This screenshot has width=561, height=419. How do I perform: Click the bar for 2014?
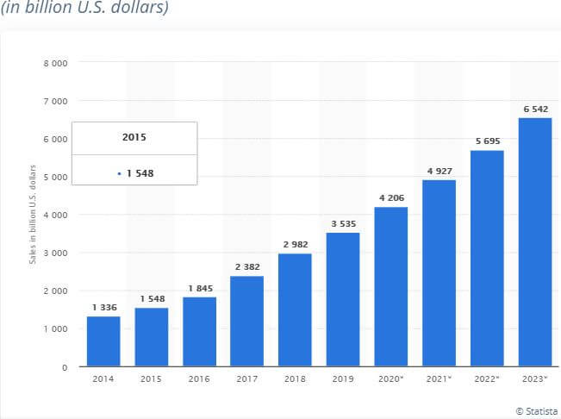(103, 341)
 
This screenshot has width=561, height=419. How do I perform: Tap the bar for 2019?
(343, 299)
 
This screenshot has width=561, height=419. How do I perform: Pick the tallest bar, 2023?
(534, 242)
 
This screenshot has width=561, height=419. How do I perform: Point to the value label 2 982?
(295, 244)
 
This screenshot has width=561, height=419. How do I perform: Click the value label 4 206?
(390, 197)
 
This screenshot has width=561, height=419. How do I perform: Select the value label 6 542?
(534, 109)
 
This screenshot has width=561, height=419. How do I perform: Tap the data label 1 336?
(103, 307)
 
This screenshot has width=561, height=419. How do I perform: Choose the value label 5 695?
(486, 141)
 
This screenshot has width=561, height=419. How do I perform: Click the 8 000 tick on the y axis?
(56, 63)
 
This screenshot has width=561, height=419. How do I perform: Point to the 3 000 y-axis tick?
(56, 253)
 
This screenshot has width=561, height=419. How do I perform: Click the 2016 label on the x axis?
(199, 380)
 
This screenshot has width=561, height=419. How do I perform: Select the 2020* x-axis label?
(391, 380)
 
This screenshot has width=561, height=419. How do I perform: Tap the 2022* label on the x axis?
(487, 380)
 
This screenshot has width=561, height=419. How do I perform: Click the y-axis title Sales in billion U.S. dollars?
(33, 213)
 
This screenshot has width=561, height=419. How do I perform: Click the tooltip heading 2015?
(134, 137)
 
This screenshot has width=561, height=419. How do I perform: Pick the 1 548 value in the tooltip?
(140, 173)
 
